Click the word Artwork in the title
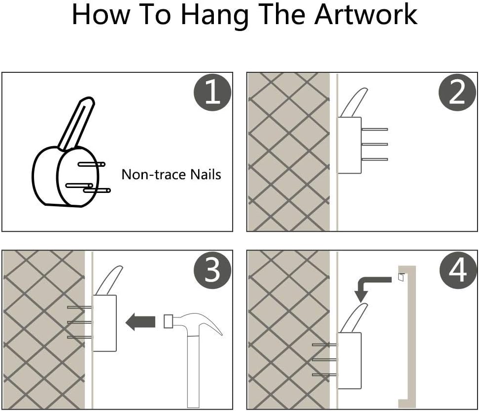coord(366,15)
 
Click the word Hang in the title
coord(215,16)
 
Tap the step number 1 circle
coord(212,92)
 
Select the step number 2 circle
coord(457,92)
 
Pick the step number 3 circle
coord(212,270)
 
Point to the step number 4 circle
coord(458,270)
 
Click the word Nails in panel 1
coord(205,175)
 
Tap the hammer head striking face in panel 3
coord(168,321)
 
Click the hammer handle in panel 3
coord(193,371)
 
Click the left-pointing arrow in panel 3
coord(140,321)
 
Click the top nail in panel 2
coord(375,129)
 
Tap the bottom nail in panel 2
coord(375,159)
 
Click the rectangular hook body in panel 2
coord(349,145)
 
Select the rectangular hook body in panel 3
coord(104,323)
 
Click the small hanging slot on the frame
coord(402,277)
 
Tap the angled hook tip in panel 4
coord(364,305)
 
